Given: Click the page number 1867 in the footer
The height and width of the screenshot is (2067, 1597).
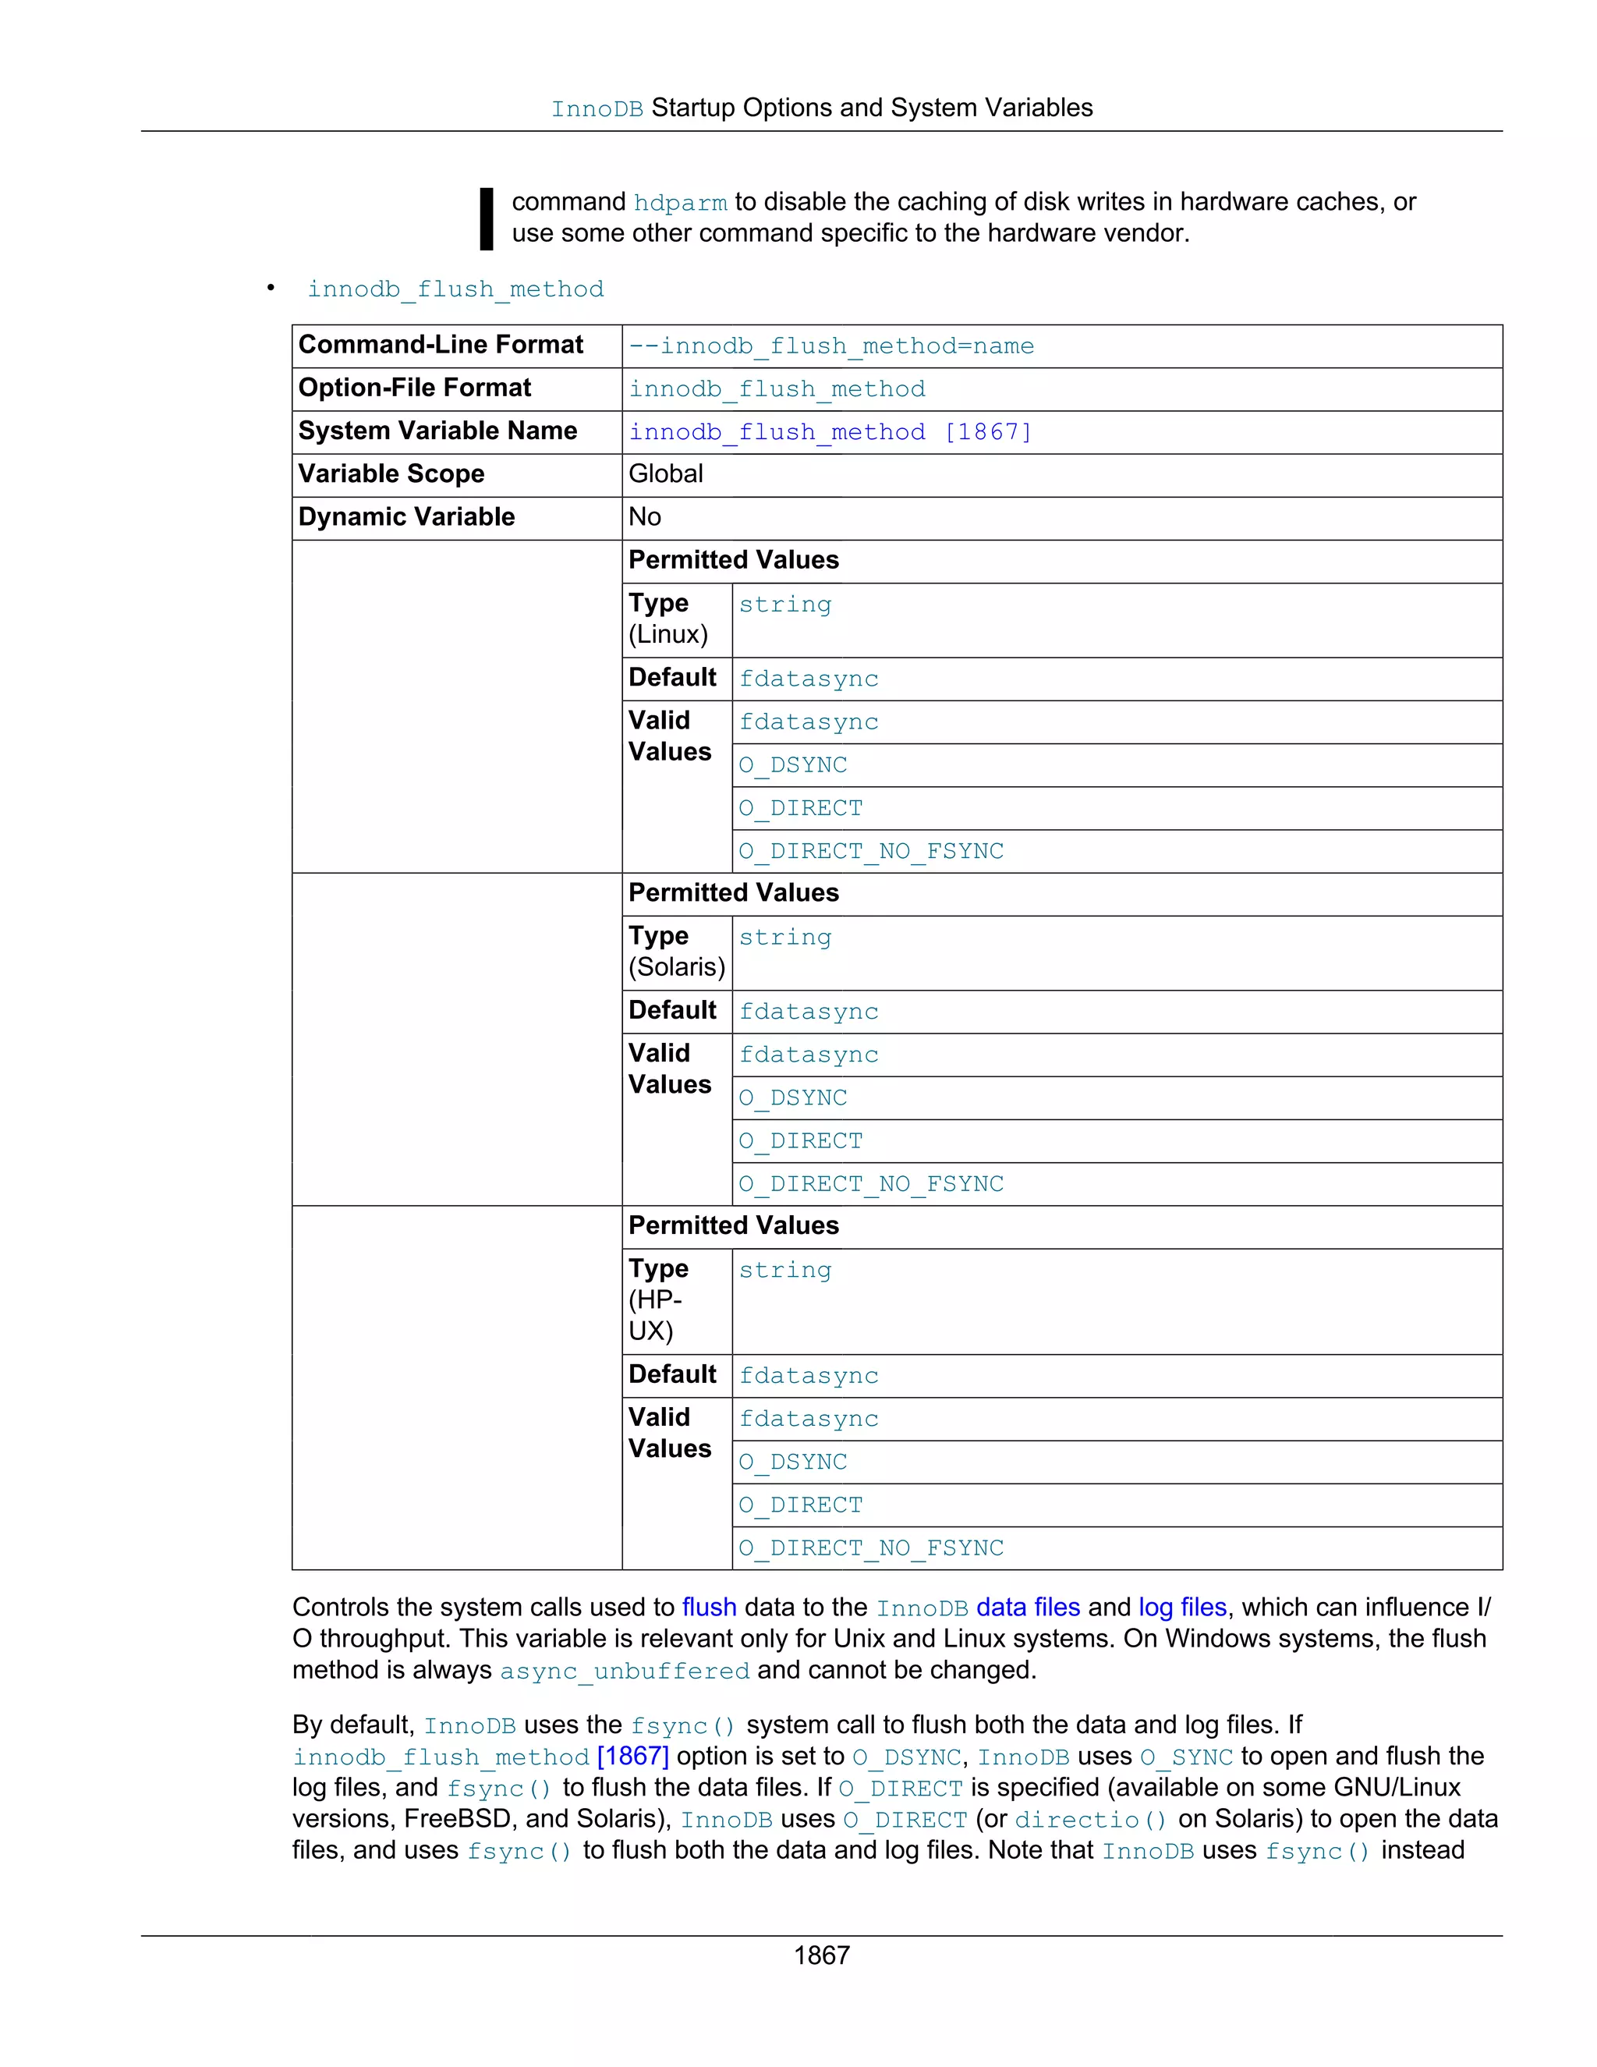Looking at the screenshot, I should coord(821,1955).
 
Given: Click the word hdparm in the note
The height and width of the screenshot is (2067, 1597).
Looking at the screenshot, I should coord(679,203).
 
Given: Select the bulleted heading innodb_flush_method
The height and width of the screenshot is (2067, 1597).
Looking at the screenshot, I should coord(455,289).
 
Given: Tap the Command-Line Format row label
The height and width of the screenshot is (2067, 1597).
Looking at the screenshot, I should coord(440,345).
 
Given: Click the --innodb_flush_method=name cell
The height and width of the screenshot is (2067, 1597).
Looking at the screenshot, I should coord(830,346).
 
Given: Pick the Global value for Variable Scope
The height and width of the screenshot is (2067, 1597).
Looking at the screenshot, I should coord(665,474).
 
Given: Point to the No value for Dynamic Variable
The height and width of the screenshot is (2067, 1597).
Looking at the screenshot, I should coord(644,516).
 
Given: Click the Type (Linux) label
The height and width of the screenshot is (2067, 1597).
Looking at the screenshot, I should coord(668,619).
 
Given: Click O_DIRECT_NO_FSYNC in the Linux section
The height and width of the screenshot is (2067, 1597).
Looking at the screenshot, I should coord(870,852).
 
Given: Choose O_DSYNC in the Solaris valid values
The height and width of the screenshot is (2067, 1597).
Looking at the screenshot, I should coord(793,1098).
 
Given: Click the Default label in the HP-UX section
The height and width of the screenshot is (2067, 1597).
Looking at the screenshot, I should coord(673,1374).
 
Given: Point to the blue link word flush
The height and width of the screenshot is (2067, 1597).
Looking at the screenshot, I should coord(709,1607).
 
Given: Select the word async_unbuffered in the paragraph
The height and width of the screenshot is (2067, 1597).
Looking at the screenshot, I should coord(625,1672).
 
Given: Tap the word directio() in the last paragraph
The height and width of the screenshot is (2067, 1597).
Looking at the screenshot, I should coord(1090,1820).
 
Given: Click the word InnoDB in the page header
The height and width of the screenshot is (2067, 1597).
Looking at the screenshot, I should coord(597,109).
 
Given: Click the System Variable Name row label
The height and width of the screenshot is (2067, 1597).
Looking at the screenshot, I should coord(437,431).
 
